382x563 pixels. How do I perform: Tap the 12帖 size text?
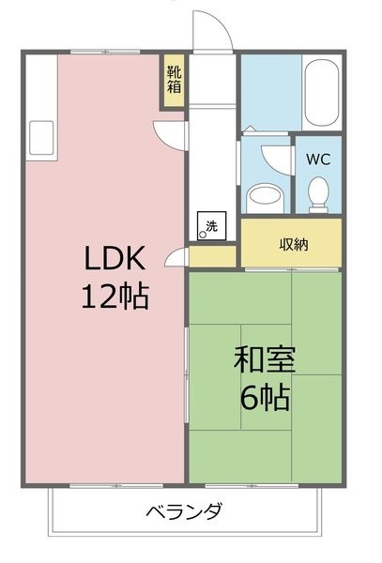115,297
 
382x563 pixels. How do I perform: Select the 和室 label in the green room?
265,359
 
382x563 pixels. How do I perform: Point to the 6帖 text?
265,398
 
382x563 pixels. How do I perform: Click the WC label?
318,160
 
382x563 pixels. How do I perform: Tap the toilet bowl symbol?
318,194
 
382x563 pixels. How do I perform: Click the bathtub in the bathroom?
321,93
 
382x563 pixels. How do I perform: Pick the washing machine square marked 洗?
211,226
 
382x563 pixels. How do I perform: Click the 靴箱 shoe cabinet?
175,81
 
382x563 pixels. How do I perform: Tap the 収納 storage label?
294,245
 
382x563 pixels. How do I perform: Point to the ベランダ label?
184,511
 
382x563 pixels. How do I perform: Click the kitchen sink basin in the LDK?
41,138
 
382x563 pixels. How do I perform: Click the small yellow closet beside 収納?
212,256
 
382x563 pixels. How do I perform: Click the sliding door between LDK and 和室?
187,374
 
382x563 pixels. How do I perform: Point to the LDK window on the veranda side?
116,486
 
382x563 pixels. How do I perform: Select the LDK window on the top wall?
105,52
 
